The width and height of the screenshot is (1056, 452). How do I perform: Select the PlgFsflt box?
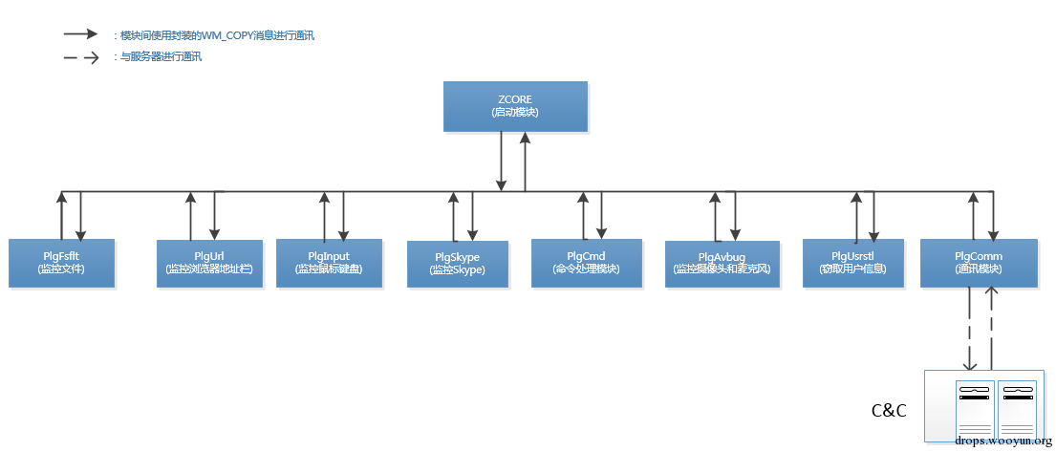tap(61, 263)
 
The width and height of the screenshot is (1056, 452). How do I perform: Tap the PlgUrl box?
tap(208, 263)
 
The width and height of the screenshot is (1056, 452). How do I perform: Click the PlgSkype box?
tap(457, 264)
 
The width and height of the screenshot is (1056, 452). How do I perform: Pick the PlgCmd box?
tap(585, 263)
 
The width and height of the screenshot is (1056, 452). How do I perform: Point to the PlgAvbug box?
tap(722, 263)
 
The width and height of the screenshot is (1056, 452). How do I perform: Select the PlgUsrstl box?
tap(853, 263)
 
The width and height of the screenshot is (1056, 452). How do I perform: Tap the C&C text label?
tap(889, 411)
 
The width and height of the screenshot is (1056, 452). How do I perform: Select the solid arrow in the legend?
tap(81, 33)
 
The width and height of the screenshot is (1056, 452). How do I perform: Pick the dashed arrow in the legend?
tap(81, 57)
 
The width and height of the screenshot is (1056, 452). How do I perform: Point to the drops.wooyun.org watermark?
tap(1003, 441)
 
